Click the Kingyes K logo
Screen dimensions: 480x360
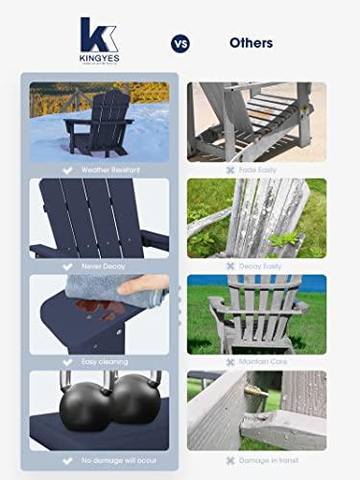point(99,36)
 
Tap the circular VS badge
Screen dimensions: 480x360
point(180,43)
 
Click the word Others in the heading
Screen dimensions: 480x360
point(251,43)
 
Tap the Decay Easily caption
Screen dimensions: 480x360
point(260,266)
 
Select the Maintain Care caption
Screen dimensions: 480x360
point(260,362)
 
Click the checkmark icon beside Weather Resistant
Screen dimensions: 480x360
point(67,170)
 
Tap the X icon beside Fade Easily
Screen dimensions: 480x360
point(229,170)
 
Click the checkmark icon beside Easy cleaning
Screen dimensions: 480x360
point(67,362)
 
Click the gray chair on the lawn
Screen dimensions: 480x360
point(253,317)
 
